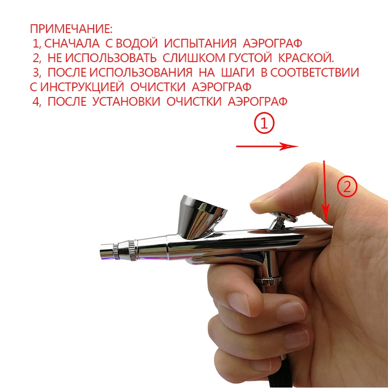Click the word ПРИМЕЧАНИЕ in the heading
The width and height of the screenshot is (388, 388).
coord(71,28)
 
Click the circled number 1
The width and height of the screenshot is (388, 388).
coord(265,124)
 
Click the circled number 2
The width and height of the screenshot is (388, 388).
coord(347,187)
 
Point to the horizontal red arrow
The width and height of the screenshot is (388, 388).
coord(267,146)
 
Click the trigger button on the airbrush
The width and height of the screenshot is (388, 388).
coord(282,217)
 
